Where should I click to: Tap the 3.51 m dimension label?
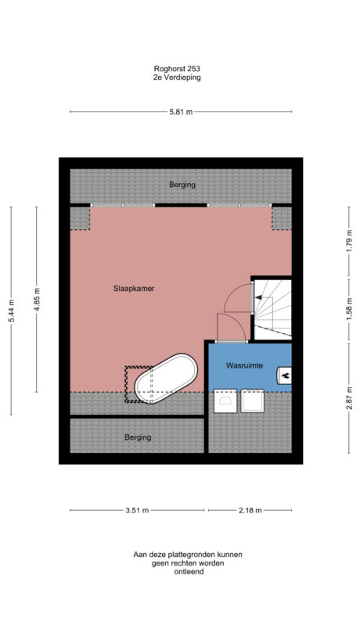click(x=138, y=510)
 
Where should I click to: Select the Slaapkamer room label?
click(x=134, y=289)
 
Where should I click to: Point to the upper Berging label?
click(x=182, y=185)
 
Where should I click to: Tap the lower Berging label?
click(x=138, y=437)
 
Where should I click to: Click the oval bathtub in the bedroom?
click(x=165, y=379)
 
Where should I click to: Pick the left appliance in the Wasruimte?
click(x=225, y=401)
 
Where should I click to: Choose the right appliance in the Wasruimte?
click(x=254, y=401)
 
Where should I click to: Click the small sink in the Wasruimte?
click(x=284, y=376)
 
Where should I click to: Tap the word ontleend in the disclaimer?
click(x=188, y=572)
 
